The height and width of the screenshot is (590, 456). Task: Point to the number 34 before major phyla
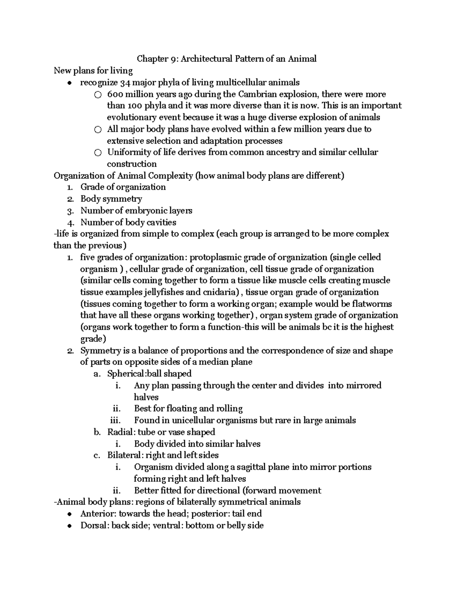point(125,82)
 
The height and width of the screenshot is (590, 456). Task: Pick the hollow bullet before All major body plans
point(98,130)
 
